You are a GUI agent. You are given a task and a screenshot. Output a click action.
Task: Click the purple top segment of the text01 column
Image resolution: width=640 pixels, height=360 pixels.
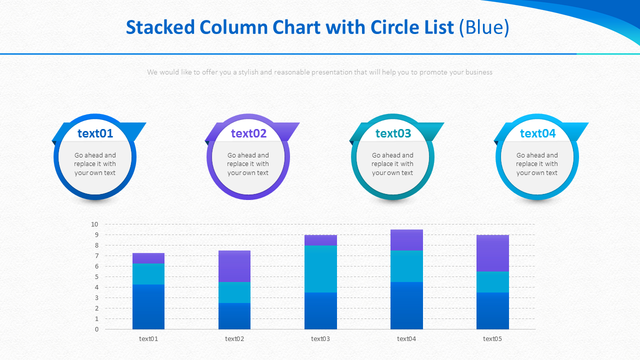(148, 258)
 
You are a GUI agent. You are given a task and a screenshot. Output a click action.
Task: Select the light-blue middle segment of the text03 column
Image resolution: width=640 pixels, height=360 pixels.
(320, 268)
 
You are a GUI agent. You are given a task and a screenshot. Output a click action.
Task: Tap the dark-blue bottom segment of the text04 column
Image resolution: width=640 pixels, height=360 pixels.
(406, 305)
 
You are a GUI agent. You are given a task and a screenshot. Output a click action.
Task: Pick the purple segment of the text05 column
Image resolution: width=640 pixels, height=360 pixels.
(492, 253)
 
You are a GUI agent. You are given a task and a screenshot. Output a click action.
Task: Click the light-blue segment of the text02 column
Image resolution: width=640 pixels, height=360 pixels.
(234, 292)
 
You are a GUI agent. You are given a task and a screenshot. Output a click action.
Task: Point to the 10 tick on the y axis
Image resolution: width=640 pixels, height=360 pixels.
(94, 224)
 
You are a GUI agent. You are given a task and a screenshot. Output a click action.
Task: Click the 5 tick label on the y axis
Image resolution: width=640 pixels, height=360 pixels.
(96, 277)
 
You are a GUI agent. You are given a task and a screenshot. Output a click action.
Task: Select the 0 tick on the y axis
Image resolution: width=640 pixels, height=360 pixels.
(96, 329)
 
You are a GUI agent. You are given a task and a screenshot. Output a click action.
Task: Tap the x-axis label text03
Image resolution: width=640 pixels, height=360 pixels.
(320, 339)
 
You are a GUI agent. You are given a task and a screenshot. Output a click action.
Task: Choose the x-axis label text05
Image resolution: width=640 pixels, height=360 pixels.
(492, 339)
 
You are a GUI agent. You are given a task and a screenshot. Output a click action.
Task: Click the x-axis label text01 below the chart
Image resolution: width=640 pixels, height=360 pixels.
(148, 339)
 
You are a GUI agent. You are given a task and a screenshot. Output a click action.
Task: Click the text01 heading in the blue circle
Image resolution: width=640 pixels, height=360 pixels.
(95, 133)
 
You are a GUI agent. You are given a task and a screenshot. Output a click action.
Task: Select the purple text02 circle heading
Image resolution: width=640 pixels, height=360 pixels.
(248, 133)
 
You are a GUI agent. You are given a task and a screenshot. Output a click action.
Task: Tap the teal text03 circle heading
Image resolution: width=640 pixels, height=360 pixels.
(393, 133)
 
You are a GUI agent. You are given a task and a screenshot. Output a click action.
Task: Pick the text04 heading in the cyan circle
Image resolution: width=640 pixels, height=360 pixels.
(537, 133)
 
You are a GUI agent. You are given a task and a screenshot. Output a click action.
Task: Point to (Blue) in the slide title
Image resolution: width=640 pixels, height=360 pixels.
(484, 27)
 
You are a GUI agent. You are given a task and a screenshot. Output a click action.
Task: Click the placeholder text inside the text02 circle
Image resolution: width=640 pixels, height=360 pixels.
(248, 164)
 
